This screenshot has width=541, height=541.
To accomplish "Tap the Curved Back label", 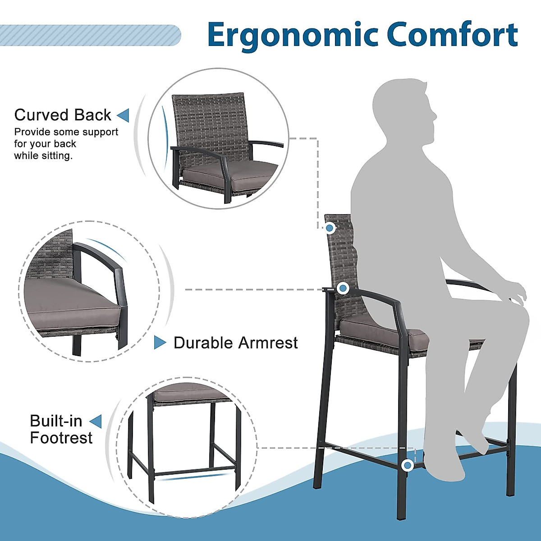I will point(63,115).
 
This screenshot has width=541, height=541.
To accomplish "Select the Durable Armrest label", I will point(236,343).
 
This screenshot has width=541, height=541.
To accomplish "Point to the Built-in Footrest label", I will point(61,429).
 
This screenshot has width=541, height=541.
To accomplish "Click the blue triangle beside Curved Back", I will point(123,115).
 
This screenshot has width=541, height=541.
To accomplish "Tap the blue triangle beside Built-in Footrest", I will point(96,422).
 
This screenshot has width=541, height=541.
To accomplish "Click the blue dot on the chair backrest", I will point(330,228).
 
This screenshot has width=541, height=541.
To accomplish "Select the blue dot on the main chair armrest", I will point(343,288).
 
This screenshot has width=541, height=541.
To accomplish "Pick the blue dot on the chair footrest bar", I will point(408,465).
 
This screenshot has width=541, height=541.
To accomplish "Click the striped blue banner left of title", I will point(90,35).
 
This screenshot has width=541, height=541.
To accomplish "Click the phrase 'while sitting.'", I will point(43,156).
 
